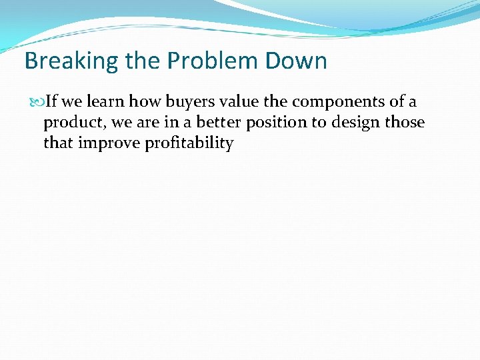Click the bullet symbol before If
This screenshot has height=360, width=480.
click(38, 103)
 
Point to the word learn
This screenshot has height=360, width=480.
click(106, 102)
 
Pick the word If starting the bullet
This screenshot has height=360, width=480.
click(51, 102)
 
